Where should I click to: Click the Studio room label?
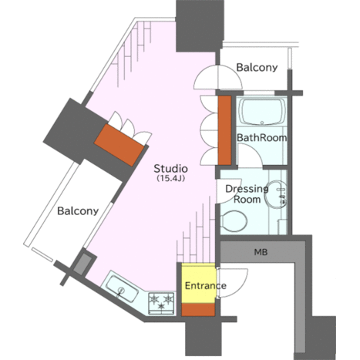(170, 169)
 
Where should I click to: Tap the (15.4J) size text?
(170, 178)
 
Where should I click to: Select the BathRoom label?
(261, 138)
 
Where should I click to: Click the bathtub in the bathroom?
(261, 112)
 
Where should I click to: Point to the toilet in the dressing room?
(234, 220)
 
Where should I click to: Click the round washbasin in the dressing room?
(276, 194)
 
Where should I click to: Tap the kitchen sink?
(122, 288)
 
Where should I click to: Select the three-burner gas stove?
(161, 303)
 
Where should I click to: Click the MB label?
(261, 252)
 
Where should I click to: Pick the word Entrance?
(206, 286)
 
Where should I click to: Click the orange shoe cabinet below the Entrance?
(198, 310)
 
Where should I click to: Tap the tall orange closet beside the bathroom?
(224, 130)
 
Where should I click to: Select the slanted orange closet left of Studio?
(119, 145)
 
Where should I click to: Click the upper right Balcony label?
(257, 68)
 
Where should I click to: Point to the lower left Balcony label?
(78, 211)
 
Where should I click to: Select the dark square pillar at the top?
(200, 25)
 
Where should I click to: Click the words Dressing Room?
(247, 194)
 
